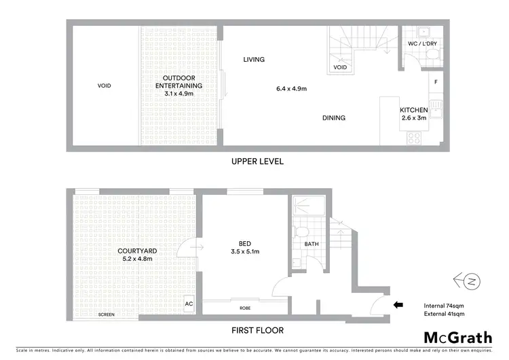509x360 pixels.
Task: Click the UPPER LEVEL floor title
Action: (257, 162)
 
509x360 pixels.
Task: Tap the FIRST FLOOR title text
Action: (257, 331)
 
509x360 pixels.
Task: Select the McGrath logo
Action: (458, 338)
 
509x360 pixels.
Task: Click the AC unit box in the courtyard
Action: (189, 304)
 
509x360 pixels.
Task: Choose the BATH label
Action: (312, 244)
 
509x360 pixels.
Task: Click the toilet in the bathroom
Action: (301, 232)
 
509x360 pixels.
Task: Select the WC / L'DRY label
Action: (421, 43)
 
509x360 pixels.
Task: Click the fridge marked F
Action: (435, 82)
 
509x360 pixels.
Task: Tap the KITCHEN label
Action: (413, 110)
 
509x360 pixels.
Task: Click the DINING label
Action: (334, 118)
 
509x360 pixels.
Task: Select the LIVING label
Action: (254, 59)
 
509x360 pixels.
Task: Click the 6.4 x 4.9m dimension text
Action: (292, 89)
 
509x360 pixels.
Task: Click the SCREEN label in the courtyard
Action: (106, 315)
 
